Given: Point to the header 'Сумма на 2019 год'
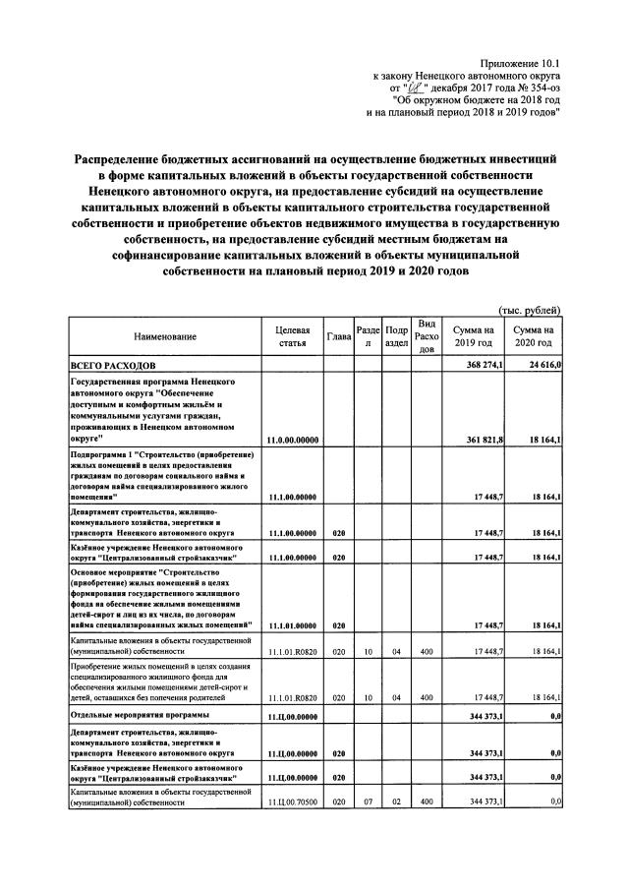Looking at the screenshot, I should [473, 337].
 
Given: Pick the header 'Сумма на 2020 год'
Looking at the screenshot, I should [533, 337].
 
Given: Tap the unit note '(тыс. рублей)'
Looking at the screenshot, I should [531, 309].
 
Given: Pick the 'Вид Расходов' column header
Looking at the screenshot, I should [427, 337].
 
